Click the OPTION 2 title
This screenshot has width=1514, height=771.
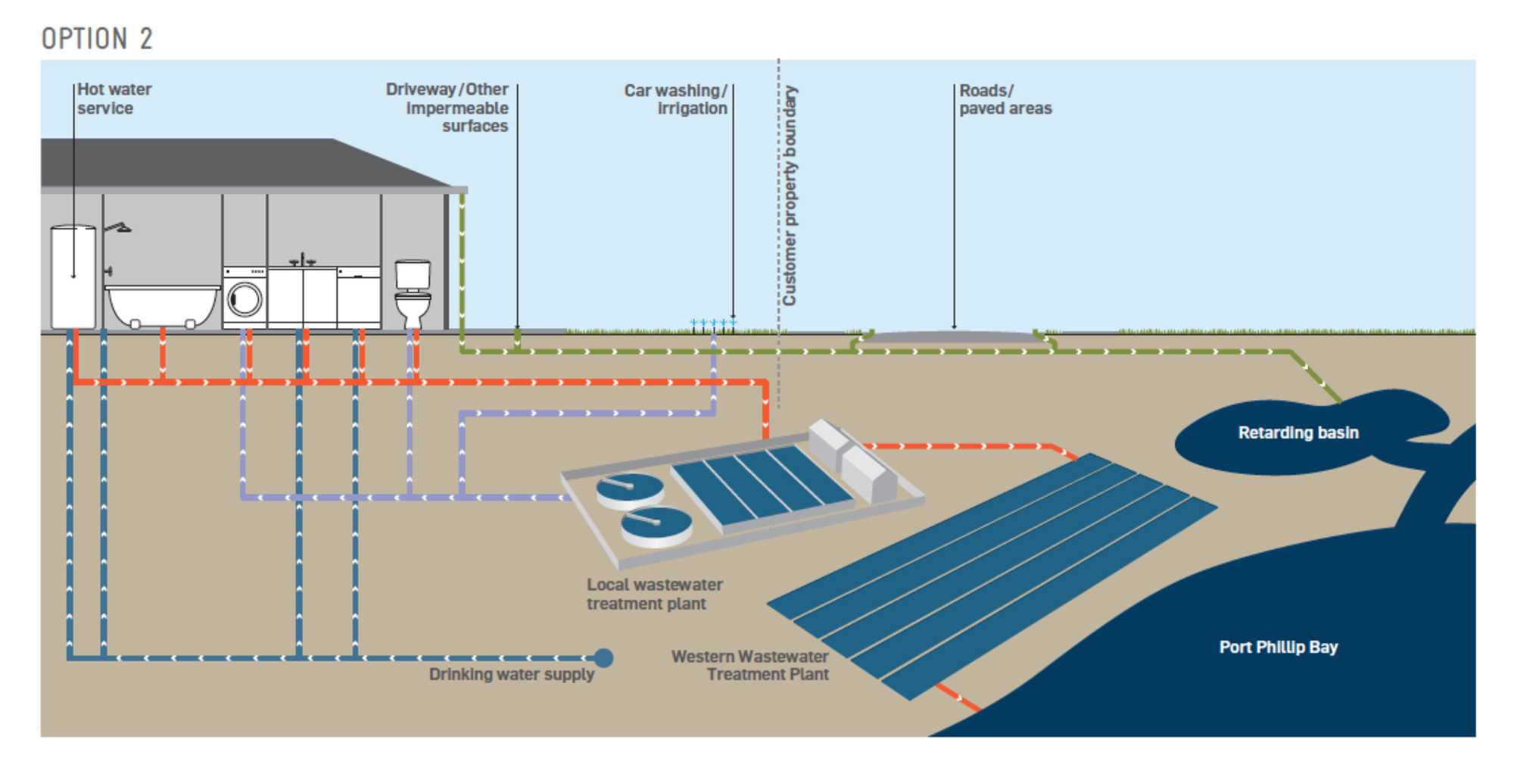(x=97, y=39)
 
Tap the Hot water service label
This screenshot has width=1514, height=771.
(x=114, y=99)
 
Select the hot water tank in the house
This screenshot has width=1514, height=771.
(x=73, y=276)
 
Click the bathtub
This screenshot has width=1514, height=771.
(x=162, y=304)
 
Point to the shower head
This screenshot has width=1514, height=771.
(x=119, y=227)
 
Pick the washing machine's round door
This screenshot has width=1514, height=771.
(x=245, y=299)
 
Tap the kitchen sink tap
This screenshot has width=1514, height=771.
(x=303, y=260)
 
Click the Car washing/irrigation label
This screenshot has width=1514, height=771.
(x=676, y=99)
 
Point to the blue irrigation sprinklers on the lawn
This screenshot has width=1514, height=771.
(x=712, y=323)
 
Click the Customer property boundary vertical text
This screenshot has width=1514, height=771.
(x=790, y=195)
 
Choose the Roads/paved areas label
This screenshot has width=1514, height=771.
(x=1005, y=99)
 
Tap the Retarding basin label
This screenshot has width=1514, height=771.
(x=1297, y=432)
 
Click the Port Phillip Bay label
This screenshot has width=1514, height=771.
(x=1278, y=647)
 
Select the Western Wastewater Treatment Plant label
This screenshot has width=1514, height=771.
(x=750, y=665)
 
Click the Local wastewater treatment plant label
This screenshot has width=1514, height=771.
(x=654, y=594)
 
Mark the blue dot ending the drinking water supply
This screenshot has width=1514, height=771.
(x=603, y=657)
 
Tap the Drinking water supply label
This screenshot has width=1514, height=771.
(x=511, y=674)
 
